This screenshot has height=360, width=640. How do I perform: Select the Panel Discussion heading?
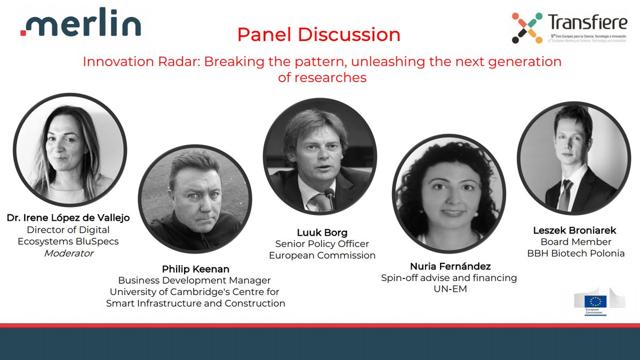318,35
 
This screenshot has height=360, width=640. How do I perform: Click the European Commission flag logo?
595,302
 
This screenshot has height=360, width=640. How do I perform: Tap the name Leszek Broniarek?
574,230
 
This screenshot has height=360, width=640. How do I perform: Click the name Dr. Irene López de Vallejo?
68,218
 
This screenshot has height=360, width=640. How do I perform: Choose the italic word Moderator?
68,253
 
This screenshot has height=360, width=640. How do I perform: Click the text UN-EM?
450,290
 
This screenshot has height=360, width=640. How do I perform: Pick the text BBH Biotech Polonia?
575,253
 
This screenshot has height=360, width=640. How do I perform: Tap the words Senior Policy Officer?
322,244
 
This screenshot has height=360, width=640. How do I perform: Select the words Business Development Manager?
195,281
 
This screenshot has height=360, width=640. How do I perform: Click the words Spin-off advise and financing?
449,278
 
